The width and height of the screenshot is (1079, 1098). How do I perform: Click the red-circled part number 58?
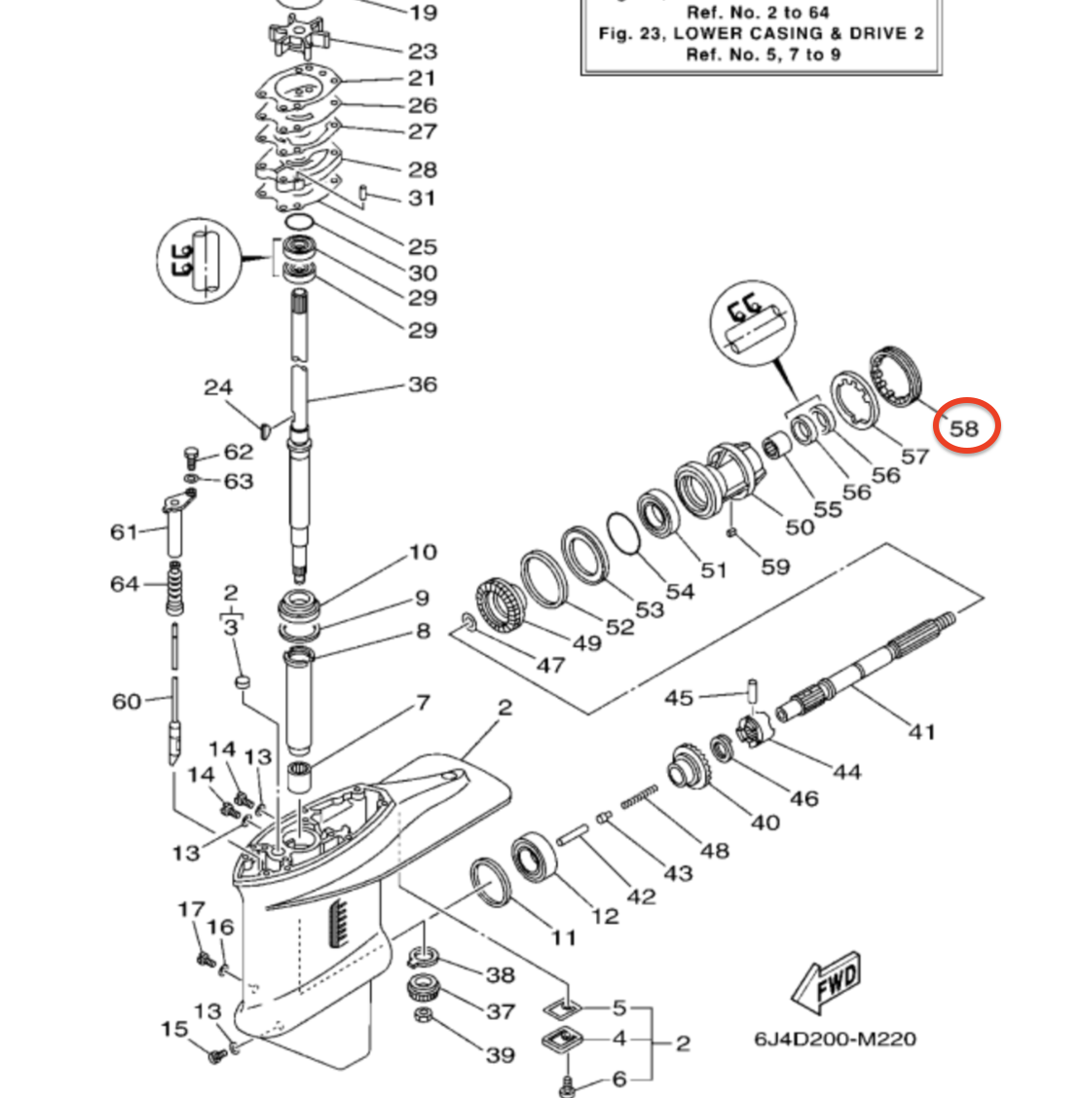pyautogui.click(x=965, y=427)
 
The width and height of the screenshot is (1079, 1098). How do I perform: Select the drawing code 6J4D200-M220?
pyautogui.click(x=835, y=1039)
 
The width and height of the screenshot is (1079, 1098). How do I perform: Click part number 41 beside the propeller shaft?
pyautogui.click(x=921, y=730)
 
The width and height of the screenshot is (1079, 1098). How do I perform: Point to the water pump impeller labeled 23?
pyautogui.click(x=293, y=37)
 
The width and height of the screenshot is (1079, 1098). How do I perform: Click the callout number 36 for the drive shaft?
pyautogui.click(x=422, y=384)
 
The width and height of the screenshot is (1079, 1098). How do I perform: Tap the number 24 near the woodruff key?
pyautogui.click(x=217, y=387)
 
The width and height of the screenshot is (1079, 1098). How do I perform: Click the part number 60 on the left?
pyautogui.click(x=127, y=701)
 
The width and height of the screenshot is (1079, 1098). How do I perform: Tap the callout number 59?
pyautogui.click(x=775, y=566)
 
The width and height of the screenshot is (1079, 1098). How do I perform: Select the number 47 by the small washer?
pyautogui.click(x=550, y=665)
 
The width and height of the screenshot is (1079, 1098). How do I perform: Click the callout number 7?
pyautogui.click(x=423, y=702)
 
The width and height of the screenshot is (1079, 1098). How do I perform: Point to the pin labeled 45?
pyautogui.click(x=752, y=687)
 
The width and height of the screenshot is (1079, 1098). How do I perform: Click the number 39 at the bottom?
pyautogui.click(x=500, y=1055)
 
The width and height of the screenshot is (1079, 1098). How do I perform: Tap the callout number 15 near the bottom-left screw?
pyautogui.click(x=174, y=1029)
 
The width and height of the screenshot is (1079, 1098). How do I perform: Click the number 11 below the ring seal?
pyautogui.click(x=563, y=937)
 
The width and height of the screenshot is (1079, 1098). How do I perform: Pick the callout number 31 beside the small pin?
pyautogui.click(x=422, y=198)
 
